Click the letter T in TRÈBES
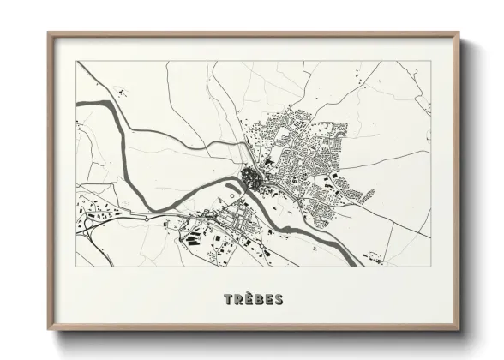pyautogui.click(x=228, y=300)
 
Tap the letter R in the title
pyautogui.click(x=238, y=300)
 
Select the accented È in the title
pyautogui.click(x=249, y=299)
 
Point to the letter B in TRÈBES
pyautogui.click(x=259, y=300)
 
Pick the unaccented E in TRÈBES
pyautogui.click(x=268, y=300)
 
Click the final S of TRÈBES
pyautogui.click(x=279, y=300)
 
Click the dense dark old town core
pyautogui.click(x=251, y=178)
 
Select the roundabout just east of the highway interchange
pyautogui.click(x=147, y=219)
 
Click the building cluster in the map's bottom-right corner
pyautogui.click(x=374, y=255)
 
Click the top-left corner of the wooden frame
pyautogui.click(x=49, y=33)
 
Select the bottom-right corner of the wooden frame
pyautogui.click(x=459, y=330)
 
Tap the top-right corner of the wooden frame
pyautogui.click(x=459, y=33)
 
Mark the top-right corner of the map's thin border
pyautogui.click(x=429, y=61)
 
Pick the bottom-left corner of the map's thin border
pyautogui.click(x=76, y=266)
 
